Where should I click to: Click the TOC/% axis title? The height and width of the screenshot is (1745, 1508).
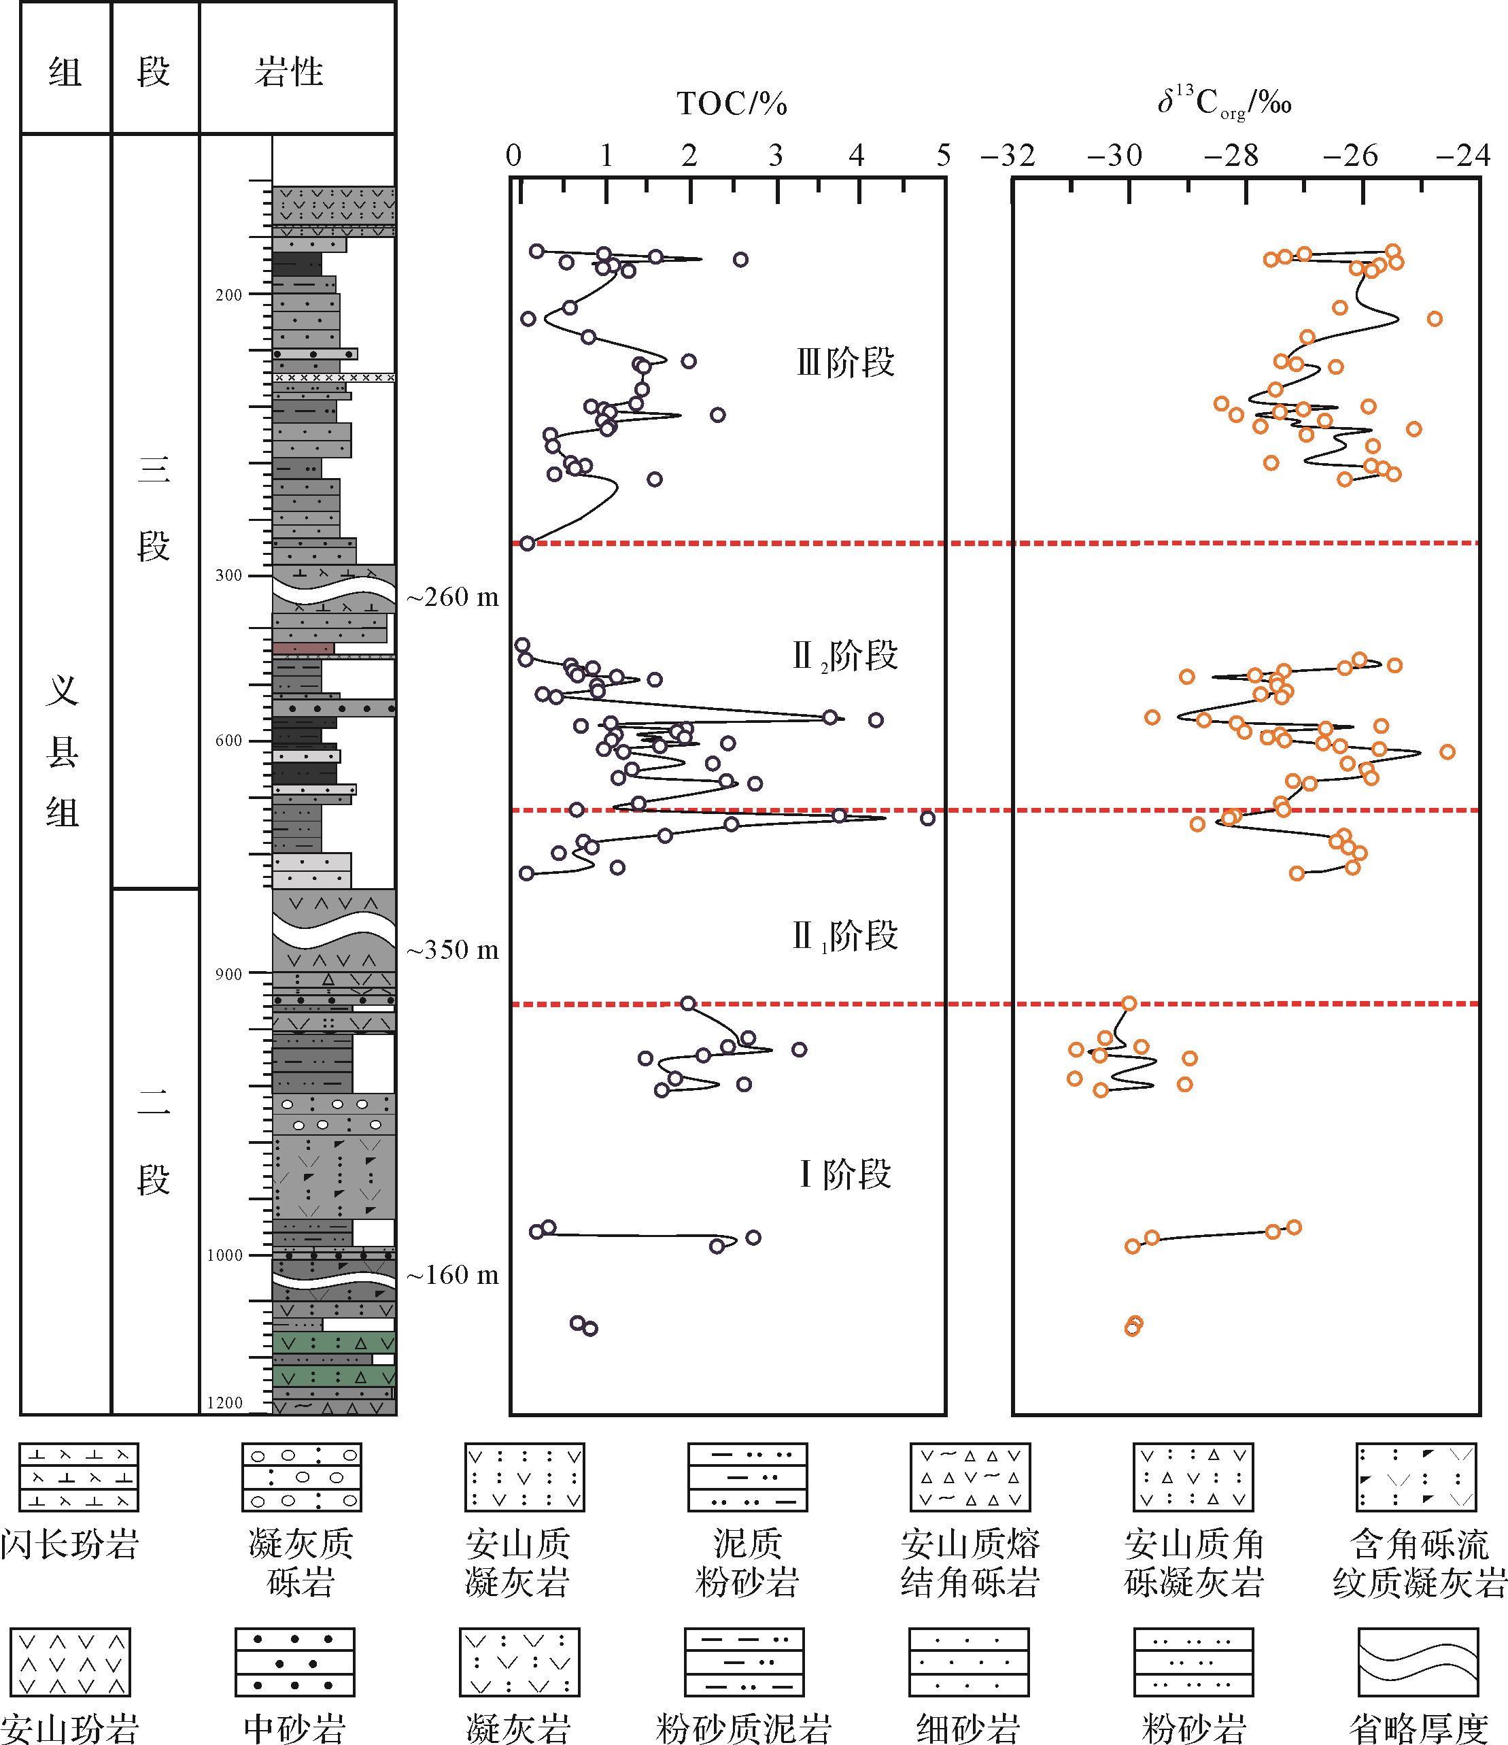pyautogui.click(x=731, y=105)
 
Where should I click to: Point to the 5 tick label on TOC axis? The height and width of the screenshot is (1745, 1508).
pyautogui.click(x=943, y=155)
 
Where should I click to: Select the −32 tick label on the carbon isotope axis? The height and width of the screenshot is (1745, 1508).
pyautogui.click(x=1008, y=155)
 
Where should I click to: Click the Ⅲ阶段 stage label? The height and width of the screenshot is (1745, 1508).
pyautogui.click(x=845, y=363)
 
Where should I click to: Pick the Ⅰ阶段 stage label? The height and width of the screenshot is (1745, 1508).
pyautogui.click(x=844, y=1174)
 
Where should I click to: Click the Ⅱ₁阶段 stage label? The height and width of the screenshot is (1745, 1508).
pyautogui.click(x=844, y=936)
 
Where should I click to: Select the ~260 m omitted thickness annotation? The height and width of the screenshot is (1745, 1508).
pyautogui.click(x=453, y=597)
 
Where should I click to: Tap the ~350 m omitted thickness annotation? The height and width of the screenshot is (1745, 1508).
pyautogui.click(x=453, y=950)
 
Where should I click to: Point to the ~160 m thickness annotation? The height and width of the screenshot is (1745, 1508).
pyautogui.click(x=453, y=1275)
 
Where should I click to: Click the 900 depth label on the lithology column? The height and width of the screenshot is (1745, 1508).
pyautogui.click(x=228, y=975)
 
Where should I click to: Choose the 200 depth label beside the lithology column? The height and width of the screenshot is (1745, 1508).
pyautogui.click(x=228, y=294)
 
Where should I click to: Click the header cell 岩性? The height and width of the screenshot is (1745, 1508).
pyautogui.click(x=289, y=71)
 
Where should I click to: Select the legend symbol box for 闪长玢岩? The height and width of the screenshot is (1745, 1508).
pyautogui.click(x=79, y=1477)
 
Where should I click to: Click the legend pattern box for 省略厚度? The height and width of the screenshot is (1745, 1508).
pyautogui.click(x=1418, y=1661)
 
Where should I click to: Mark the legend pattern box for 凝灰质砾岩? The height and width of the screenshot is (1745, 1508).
pyautogui.click(x=301, y=1477)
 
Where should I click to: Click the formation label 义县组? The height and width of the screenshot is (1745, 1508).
pyautogui.click(x=63, y=752)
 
